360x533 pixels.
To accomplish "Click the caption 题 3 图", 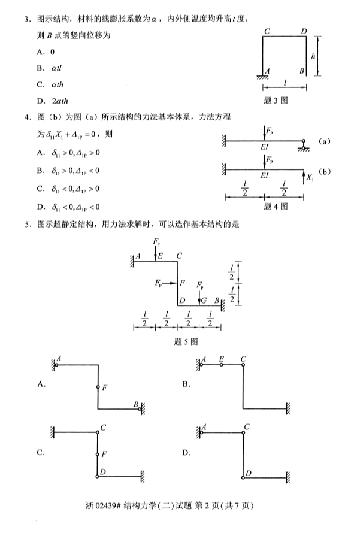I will (276, 101).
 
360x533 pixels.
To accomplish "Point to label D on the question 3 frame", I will (303, 31).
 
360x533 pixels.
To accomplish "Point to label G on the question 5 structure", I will (205, 300).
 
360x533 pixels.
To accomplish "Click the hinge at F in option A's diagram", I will (98, 387).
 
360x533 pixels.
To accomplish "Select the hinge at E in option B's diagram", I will (222, 364).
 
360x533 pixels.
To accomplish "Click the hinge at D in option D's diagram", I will (243, 477).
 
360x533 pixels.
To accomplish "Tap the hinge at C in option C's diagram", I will (98, 431).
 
